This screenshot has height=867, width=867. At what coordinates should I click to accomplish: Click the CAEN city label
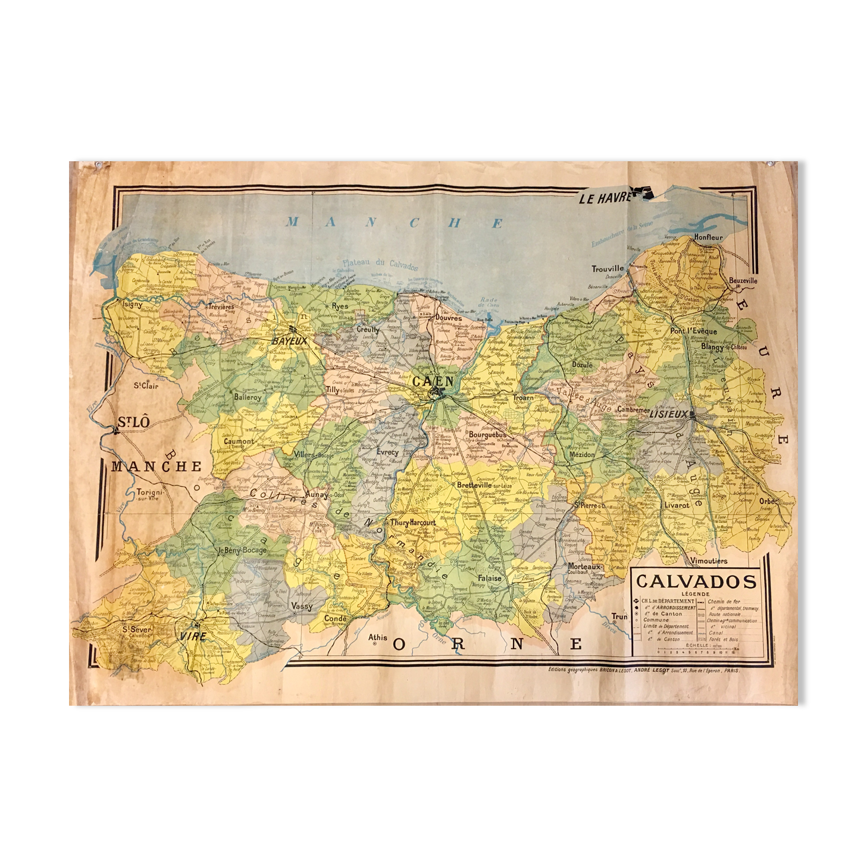click(x=433, y=382)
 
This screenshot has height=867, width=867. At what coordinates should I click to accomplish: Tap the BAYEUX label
click(x=288, y=342)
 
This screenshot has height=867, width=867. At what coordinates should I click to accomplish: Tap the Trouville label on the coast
click(x=608, y=268)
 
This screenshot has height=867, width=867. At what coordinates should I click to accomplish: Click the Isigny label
click(x=132, y=303)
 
